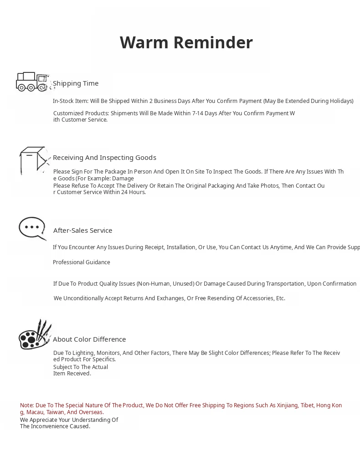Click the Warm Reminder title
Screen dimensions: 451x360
[x=186, y=42]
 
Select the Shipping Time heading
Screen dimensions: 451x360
[x=76, y=83]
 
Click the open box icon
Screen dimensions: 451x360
[x=34, y=160]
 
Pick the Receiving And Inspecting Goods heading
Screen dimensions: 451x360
[x=104, y=158]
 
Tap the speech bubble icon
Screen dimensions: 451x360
[x=32, y=228]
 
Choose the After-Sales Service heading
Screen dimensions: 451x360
[x=82, y=231]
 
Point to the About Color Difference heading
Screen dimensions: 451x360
[x=89, y=339]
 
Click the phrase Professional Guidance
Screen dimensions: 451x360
[x=82, y=262]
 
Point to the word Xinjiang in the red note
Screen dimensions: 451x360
[x=287, y=405]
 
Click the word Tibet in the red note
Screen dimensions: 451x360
[x=307, y=405]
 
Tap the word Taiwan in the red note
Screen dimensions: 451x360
[x=55, y=412]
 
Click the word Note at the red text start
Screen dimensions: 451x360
[x=27, y=405]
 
